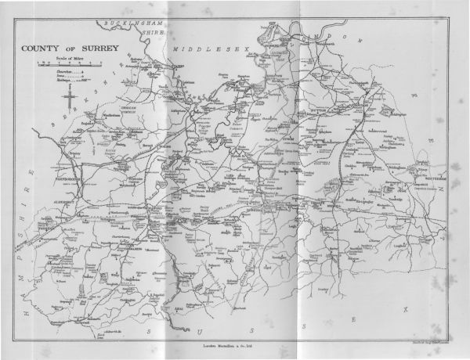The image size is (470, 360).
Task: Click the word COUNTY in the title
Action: pos(38,46)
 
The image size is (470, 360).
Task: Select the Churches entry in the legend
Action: pos(45,70)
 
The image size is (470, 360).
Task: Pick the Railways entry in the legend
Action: pos(45,80)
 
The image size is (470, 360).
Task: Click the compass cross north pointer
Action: pos(69,97)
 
